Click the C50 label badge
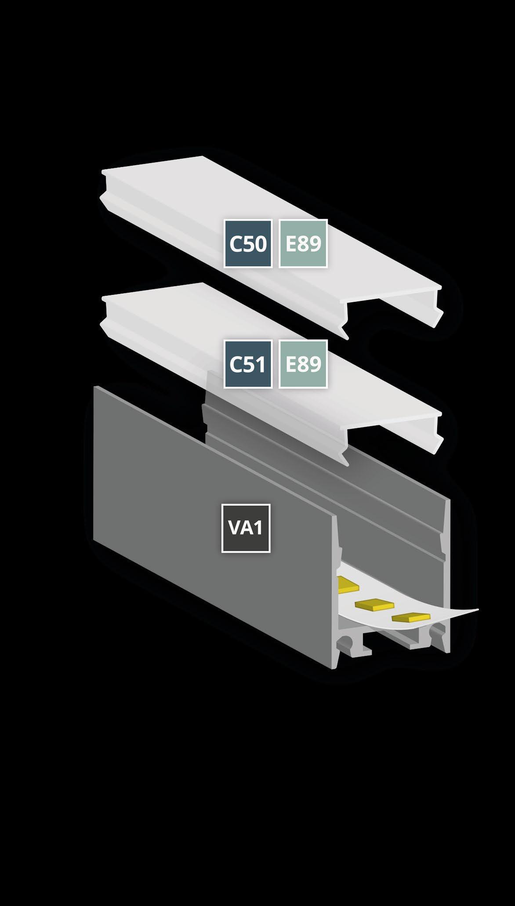248,243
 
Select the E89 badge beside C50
303,243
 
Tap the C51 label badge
248,364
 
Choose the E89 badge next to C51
303,364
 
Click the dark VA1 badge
246,528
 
